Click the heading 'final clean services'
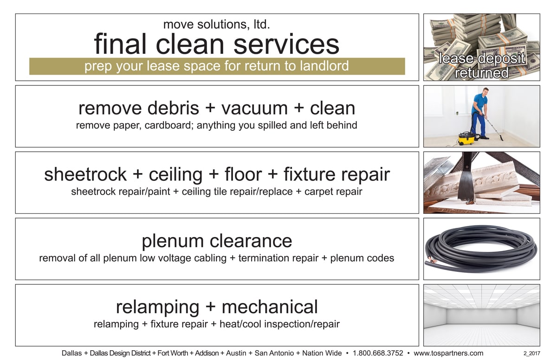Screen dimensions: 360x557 click(217, 44)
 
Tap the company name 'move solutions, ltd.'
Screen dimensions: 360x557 click(217, 24)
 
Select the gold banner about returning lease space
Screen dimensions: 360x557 click(217, 66)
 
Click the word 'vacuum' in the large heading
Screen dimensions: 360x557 click(254, 108)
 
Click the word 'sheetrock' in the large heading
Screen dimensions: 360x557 click(85, 174)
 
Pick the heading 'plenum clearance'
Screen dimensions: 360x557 click(217, 241)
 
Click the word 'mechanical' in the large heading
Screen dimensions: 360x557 click(270, 307)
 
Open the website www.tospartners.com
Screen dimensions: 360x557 click(448, 353)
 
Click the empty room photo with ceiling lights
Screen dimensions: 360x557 click(482, 315)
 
